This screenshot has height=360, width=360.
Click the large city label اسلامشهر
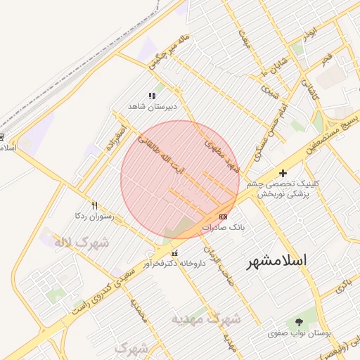coord(277,261)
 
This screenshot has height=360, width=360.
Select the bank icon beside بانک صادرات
coord(224,217)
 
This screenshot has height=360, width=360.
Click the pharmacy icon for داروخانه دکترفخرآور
coord(174,253)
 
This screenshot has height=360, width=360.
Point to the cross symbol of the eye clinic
coord(283,173)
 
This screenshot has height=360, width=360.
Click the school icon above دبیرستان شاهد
coord(151,96)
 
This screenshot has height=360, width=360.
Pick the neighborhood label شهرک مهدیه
coord(207,319)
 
